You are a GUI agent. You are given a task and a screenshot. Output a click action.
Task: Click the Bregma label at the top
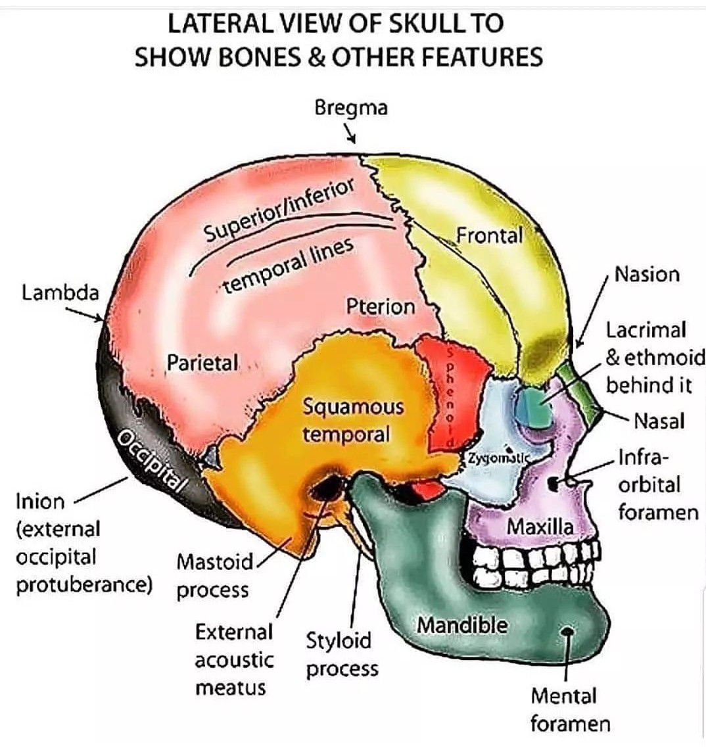[x=350, y=107]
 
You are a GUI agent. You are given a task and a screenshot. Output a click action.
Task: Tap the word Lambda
[x=60, y=293]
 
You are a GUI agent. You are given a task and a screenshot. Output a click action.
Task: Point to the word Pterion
[x=381, y=306]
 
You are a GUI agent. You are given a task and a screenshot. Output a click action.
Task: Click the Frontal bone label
[x=489, y=235]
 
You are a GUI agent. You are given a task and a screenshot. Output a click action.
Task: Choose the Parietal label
[x=202, y=362]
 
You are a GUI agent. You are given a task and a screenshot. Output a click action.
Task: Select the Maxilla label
[x=540, y=526]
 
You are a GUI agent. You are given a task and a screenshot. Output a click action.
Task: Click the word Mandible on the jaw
[x=462, y=625]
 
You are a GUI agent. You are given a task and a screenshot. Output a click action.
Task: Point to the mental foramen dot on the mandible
[x=567, y=632]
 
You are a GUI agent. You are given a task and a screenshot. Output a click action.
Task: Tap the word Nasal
[x=659, y=421]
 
